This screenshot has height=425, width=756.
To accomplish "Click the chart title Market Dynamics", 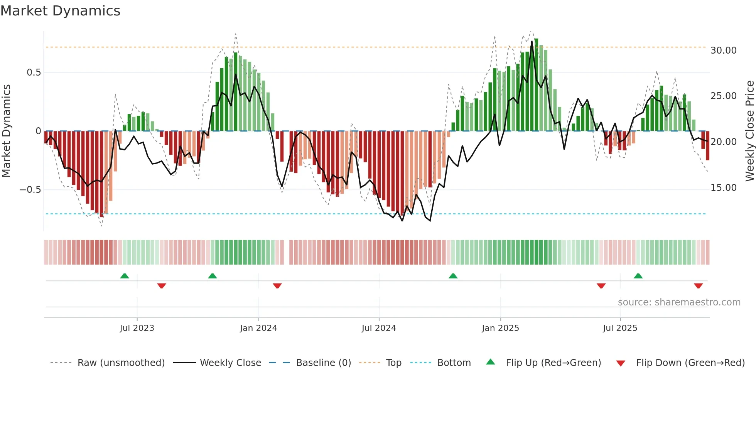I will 60,11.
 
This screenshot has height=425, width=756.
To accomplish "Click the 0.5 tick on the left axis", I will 34,73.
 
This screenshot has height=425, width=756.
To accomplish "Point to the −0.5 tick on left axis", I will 30,190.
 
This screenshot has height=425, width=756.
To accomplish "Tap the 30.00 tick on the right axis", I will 723,51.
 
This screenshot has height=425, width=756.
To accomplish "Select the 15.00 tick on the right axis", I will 723,188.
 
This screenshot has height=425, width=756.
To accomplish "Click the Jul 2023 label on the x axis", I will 137,328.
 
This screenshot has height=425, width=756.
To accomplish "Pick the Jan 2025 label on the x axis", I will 500,328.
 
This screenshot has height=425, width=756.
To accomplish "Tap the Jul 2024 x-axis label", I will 379,328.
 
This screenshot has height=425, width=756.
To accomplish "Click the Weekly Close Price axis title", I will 749,131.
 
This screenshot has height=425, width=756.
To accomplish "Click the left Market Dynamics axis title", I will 6,131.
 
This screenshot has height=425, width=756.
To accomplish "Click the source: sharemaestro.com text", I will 679,302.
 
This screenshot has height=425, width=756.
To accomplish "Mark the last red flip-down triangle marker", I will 698,286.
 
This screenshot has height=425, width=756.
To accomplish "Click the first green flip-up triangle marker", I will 125,276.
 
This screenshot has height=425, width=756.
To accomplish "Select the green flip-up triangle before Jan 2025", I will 453,276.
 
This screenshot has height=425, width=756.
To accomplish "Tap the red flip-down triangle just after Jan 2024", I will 277,286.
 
